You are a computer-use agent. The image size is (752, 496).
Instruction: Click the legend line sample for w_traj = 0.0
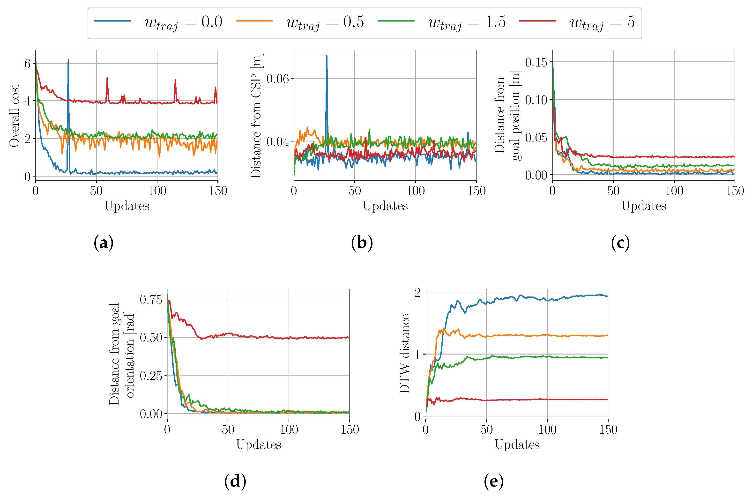click(112, 21)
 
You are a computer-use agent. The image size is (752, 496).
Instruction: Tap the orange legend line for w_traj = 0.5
click(254, 21)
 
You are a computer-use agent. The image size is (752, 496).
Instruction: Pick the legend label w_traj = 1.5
click(467, 23)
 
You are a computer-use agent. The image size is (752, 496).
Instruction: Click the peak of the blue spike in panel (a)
click(68, 60)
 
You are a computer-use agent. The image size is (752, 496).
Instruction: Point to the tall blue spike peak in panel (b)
click(327, 56)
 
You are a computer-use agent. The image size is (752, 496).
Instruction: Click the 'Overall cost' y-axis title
click(14, 115)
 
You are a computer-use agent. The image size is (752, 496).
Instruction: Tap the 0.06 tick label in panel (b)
click(277, 78)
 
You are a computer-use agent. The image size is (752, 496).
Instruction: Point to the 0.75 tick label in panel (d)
click(151, 299)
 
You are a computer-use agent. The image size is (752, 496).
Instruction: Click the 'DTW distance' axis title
click(405, 353)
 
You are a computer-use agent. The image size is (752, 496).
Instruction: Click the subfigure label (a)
click(104, 243)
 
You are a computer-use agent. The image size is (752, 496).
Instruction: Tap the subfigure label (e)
click(493, 481)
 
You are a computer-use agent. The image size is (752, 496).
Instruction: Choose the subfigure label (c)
click(620, 243)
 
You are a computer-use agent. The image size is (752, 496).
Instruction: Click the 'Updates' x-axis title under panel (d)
click(259, 444)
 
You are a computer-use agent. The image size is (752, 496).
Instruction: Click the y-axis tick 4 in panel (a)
click(27, 102)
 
